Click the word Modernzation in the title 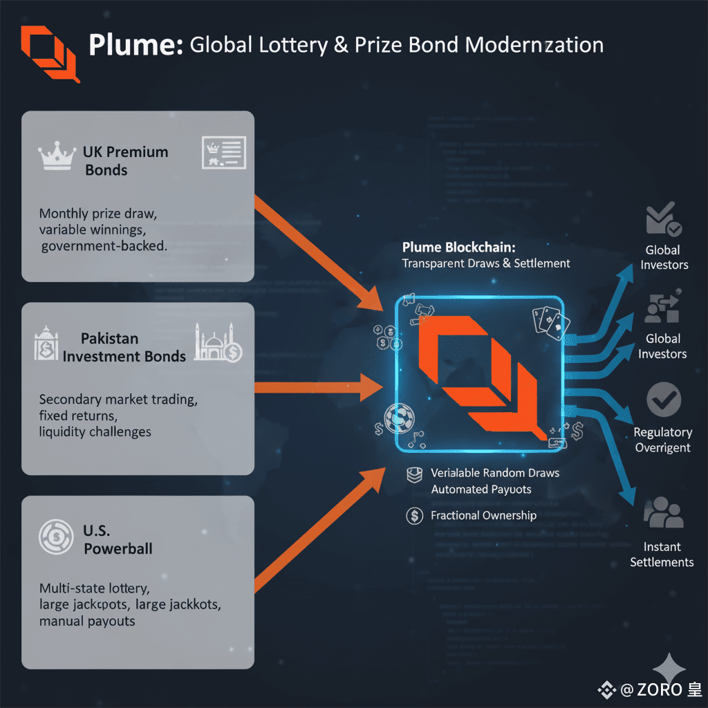tap(534, 46)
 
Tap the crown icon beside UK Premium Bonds tap(58, 156)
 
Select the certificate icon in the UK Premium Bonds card tap(223, 152)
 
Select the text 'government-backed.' tap(104, 246)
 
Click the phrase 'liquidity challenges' tap(95, 431)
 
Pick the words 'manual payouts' tap(87, 621)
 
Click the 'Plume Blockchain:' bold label tap(459, 248)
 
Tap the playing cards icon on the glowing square tap(551, 322)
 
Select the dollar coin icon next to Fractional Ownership tap(414, 515)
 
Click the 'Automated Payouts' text tap(481, 490)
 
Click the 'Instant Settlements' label tap(662, 555)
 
